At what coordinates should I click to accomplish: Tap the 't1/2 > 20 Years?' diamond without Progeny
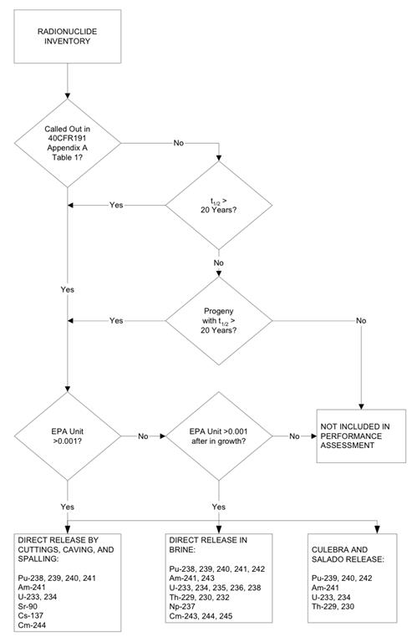click(219, 206)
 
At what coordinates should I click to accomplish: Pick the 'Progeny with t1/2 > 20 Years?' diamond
click(219, 319)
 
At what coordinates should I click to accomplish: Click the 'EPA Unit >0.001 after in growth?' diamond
click(219, 435)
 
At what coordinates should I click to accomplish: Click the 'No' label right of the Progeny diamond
click(360, 320)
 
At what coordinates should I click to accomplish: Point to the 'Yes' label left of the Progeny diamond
click(116, 320)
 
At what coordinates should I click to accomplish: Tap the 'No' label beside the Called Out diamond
click(179, 143)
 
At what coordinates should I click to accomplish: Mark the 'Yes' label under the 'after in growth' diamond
click(219, 507)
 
